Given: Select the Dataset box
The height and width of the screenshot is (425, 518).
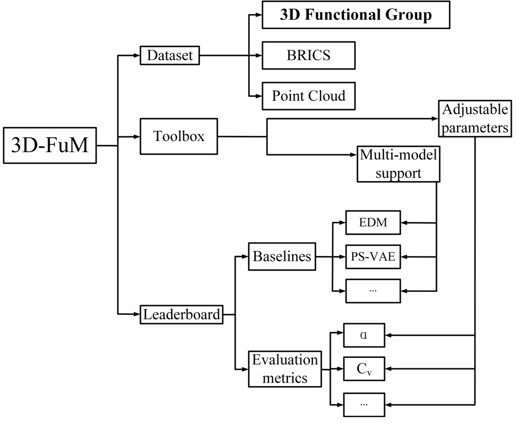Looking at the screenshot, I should pos(169,56).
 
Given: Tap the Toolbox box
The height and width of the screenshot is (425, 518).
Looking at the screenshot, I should pos(179,137).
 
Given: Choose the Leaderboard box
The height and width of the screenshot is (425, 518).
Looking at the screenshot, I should pos(181,315).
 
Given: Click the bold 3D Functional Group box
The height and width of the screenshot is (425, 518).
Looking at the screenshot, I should pos(356,15).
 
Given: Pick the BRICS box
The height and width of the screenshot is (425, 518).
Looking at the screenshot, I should pos(309,56).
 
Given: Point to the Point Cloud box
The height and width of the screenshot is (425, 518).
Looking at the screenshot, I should pos(309,96).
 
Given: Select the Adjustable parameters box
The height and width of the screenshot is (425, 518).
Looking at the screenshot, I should pos(475,119).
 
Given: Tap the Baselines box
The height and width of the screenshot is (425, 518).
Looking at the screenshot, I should pos(282,256).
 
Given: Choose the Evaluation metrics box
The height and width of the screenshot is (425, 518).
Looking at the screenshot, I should pos(285,368).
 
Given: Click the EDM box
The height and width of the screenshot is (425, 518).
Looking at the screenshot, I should pos(373,223).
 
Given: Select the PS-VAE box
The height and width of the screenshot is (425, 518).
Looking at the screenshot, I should pos(373,256).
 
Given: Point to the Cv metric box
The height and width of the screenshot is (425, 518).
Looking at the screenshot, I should pos(364,369).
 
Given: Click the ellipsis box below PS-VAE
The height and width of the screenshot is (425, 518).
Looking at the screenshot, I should pos(373,290).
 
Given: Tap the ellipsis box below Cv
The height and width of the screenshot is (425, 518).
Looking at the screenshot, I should pos(364,404).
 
